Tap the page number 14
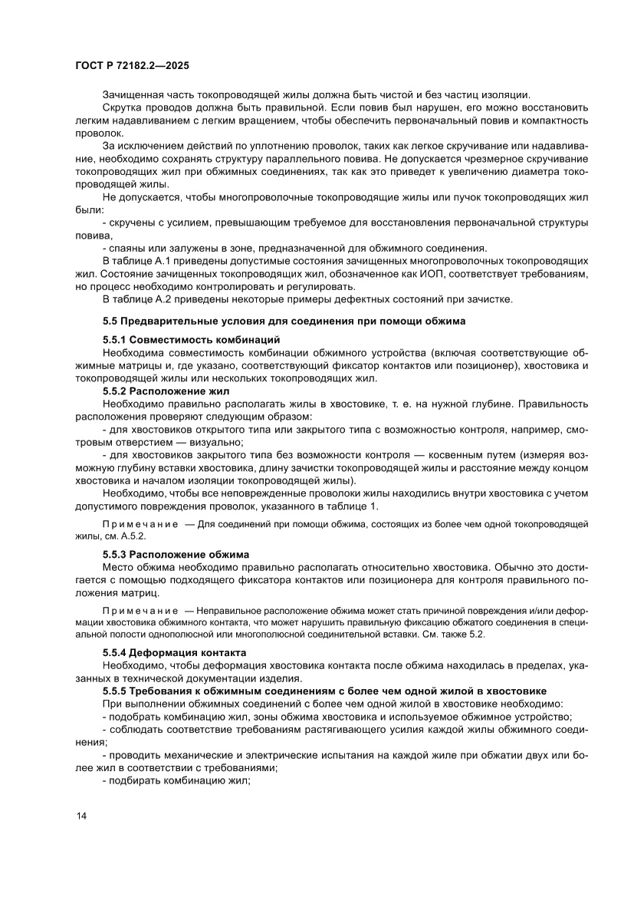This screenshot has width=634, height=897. [82, 816]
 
